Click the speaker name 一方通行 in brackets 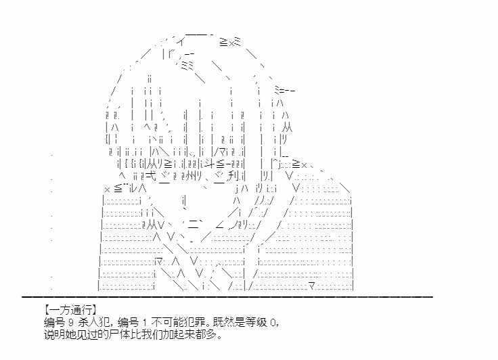point(70,310)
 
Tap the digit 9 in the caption point(70,323)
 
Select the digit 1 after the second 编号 point(145,323)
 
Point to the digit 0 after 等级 point(273,323)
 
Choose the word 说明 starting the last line point(55,335)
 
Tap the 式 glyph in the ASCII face point(152,176)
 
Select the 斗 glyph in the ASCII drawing point(210,164)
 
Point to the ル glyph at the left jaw point(133,188)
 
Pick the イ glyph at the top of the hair point(181,41)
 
